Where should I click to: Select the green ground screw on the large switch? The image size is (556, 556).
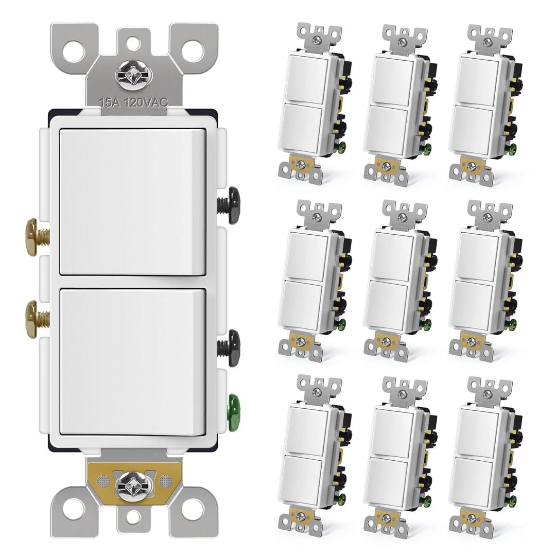[234, 407]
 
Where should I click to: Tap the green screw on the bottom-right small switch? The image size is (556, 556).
[513, 499]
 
